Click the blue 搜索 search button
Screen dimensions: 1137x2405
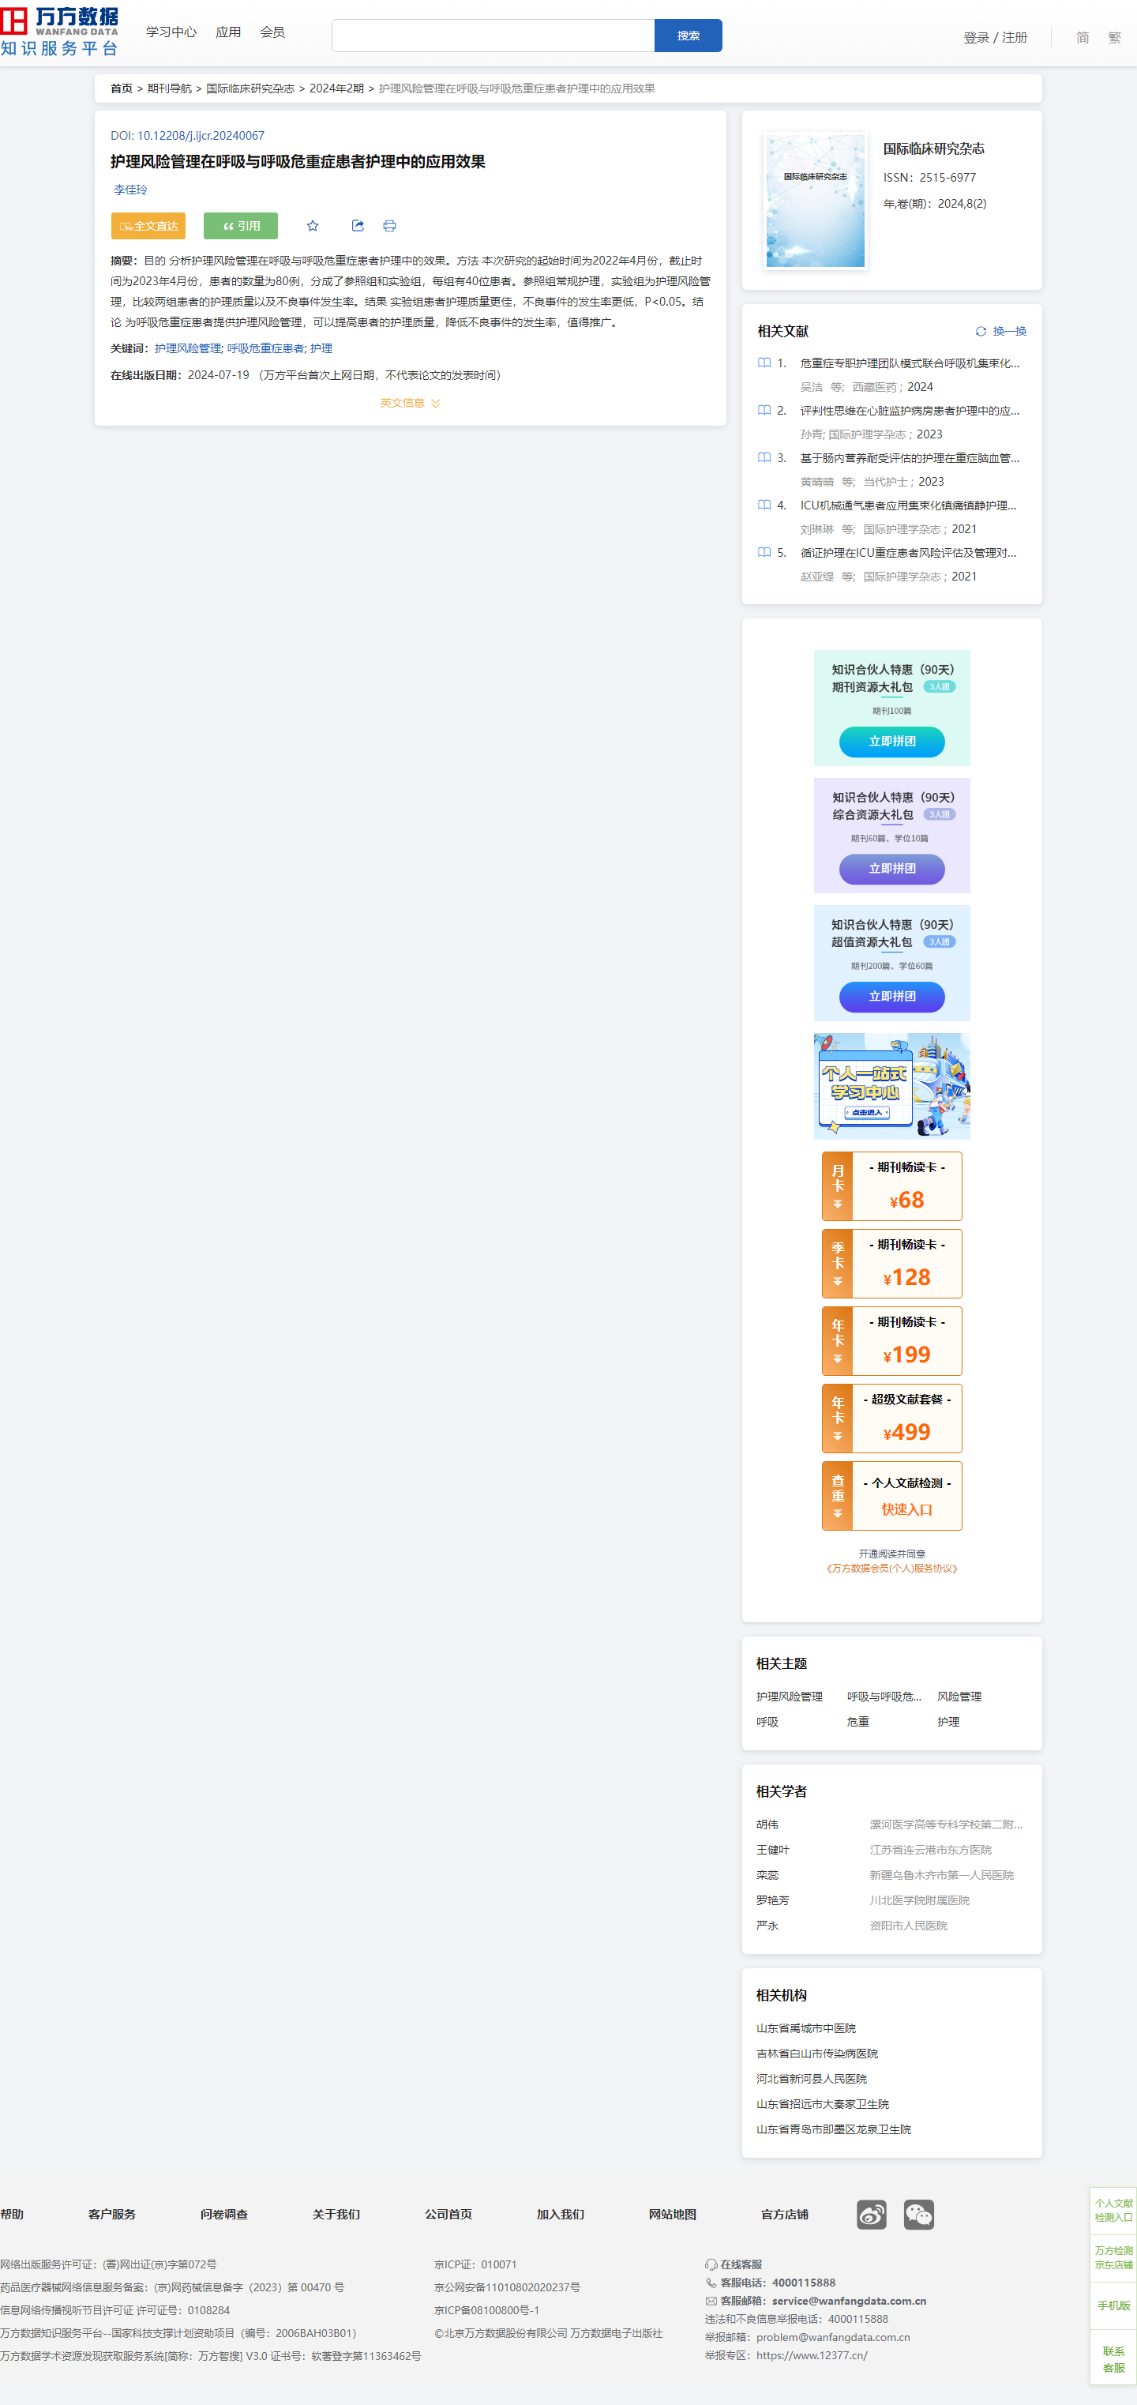pyautogui.click(x=688, y=36)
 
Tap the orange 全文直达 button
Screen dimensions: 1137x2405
pyautogui.click(x=148, y=226)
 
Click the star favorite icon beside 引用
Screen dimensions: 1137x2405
pyautogui.click(x=313, y=226)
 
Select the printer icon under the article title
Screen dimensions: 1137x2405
pyautogui.click(x=389, y=226)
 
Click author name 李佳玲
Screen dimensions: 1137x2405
pyautogui.click(x=131, y=190)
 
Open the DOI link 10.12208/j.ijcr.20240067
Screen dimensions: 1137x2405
pyautogui.click(x=201, y=135)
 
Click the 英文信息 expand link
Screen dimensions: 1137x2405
pyautogui.click(x=410, y=404)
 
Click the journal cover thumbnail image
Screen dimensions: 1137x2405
pyautogui.click(x=816, y=201)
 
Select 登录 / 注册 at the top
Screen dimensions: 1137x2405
pyautogui.click(x=995, y=37)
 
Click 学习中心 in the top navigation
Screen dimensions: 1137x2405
pyautogui.click(x=171, y=32)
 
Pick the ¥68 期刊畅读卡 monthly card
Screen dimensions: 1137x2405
pyautogui.click(x=891, y=1186)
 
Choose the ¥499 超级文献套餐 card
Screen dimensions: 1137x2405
pyautogui.click(x=891, y=1419)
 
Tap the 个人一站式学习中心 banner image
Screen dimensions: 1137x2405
pyautogui.click(x=891, y=1086)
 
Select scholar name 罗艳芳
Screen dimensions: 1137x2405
pyautogui.click(x=772, y=1900)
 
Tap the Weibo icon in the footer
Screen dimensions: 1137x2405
pyautogui.click(x=871, y=2215)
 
